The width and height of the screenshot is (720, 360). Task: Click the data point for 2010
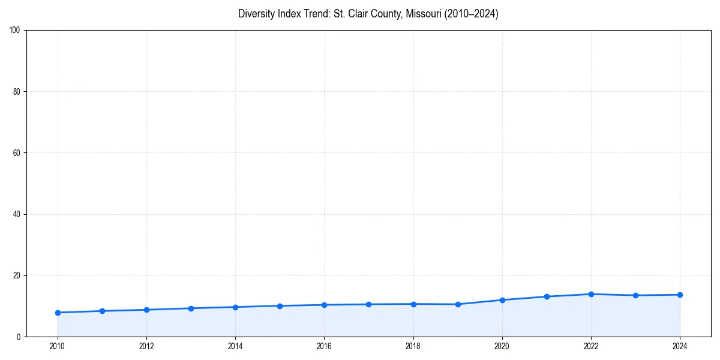58,313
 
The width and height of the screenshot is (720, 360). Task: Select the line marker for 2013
191,308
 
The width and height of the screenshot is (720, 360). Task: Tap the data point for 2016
324,305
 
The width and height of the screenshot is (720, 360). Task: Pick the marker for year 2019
458,304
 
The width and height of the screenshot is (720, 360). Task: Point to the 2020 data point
502,300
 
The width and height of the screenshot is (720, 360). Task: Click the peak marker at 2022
591,294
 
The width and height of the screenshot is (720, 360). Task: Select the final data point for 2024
680,295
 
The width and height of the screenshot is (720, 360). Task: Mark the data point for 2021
547,296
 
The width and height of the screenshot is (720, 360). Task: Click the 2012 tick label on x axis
146,346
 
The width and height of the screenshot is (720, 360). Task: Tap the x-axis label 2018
413,346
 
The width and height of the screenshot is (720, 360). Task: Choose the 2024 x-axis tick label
680,346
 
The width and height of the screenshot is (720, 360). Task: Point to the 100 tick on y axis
16,30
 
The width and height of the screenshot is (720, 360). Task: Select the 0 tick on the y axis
19,337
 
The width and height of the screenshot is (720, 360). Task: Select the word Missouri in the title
423,14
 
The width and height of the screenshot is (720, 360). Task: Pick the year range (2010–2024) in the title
472,14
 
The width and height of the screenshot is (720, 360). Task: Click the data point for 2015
280,306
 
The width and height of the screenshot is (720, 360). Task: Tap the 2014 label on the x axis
235,346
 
